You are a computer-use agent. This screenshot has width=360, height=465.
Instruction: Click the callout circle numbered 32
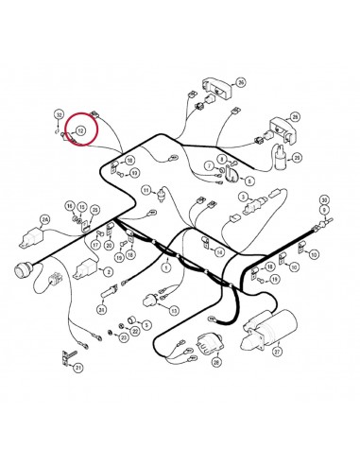point(59,114)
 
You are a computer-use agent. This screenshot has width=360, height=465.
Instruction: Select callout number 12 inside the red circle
point(81,129)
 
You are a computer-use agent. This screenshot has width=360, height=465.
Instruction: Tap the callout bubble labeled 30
point(324,201)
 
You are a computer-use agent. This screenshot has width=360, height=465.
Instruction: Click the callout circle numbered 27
point(278,352)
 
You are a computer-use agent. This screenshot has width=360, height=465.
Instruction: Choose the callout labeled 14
point(219,253)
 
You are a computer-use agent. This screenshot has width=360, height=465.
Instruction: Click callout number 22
point(134,332)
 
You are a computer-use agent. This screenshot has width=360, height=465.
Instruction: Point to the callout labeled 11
point(146,190)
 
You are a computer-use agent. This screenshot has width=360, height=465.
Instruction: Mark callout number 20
point(110,247)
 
